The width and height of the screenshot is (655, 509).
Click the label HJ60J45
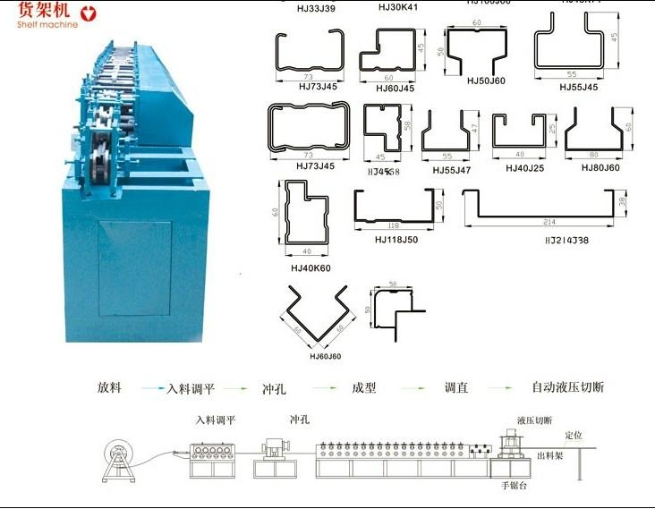click(395, 88)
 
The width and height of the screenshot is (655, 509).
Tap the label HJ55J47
click(451, 168)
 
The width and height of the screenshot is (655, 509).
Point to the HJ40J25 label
click(523, 167)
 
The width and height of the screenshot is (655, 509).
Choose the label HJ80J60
click(600, 167)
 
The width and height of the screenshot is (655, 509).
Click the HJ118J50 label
click(396, 239)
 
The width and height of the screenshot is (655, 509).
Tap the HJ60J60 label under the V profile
click(327, 356)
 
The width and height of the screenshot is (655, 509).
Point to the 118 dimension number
click(394, 225)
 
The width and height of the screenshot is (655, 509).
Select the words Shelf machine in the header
click(47, 24)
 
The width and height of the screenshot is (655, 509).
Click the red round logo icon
click(87, 13)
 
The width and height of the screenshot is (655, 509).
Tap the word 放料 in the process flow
click(110, 387)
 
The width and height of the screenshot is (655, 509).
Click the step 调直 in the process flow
click(456, 387)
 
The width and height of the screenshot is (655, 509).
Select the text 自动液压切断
click(568, 387)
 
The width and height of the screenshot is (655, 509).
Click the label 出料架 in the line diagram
click(549, 455)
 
